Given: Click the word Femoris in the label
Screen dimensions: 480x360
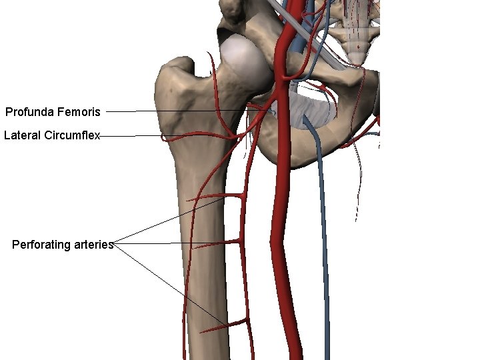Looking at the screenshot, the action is tap(79, 111).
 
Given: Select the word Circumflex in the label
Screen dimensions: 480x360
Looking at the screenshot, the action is tap(71, 135).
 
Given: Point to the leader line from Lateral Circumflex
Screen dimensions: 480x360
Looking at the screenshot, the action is tap(130, 136).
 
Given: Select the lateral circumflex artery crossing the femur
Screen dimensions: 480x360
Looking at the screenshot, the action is tap(193, 135).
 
